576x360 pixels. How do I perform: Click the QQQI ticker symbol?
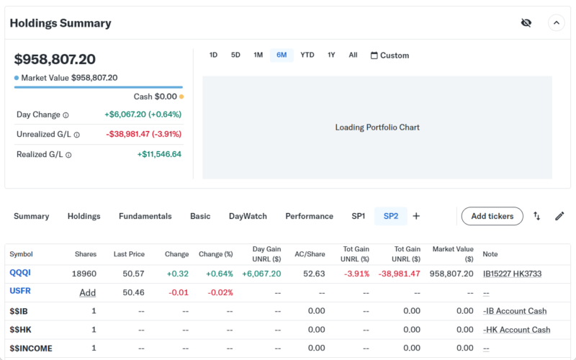(20, 273)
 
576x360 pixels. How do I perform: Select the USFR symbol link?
(20, 292)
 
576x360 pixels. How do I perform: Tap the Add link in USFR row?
(88, 292)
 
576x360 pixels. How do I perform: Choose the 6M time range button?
(282, 55)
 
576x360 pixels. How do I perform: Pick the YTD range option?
(307, 55)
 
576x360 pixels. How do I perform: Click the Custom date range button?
(390, 55)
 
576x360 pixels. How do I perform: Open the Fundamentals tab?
(145, 216)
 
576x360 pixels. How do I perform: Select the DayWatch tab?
(248, 216)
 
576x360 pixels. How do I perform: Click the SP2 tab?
(391, 216)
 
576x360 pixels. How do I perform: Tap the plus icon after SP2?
(416, 216)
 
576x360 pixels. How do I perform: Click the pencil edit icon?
(559, 216)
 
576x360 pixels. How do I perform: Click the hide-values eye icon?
(526, 23)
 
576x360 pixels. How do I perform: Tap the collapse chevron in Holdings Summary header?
(557, 23)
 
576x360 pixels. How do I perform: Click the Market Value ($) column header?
(453, 253)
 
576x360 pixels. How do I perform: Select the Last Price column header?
(129, 254)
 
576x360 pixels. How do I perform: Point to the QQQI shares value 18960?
(84, 274)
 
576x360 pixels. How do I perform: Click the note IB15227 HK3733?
(512, 274)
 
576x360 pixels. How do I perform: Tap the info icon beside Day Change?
(66, 115)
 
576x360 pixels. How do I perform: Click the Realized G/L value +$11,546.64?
(159, 154)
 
